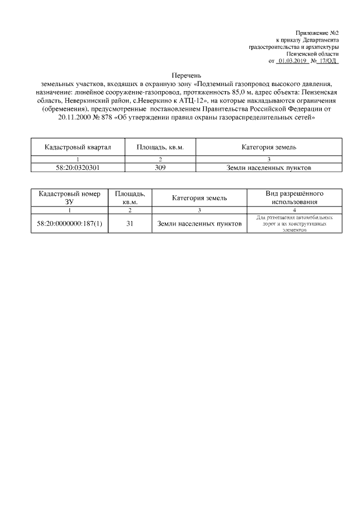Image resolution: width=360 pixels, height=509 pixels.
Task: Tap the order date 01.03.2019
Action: point(291,60)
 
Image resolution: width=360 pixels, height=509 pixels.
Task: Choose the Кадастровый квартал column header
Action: point(78,147)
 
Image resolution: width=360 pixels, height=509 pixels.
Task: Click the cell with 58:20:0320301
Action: point(78,167)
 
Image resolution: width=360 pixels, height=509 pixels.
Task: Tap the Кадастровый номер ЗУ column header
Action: point(69,197)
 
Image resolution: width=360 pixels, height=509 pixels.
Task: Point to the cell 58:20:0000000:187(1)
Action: point(69,224)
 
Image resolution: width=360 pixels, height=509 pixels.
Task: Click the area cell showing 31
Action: point(129,224)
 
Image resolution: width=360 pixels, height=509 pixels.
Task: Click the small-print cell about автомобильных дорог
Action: point(294,224)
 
